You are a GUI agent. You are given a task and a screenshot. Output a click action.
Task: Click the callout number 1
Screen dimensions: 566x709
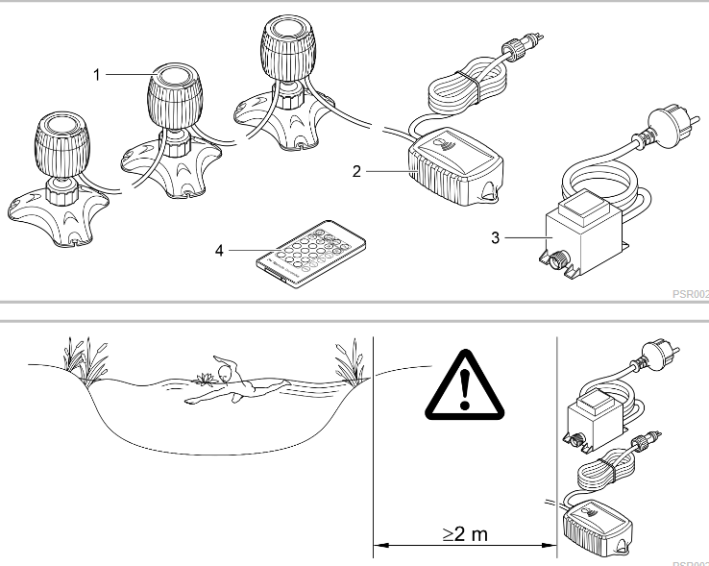(x=98, y=73)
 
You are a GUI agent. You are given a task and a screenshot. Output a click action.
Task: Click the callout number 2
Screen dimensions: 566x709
(x=355, y=172)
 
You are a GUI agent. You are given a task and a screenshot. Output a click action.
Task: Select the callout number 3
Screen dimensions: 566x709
(x=495, y=235)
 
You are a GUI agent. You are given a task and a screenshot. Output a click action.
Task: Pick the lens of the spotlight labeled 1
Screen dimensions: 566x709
(x=170, y=78)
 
